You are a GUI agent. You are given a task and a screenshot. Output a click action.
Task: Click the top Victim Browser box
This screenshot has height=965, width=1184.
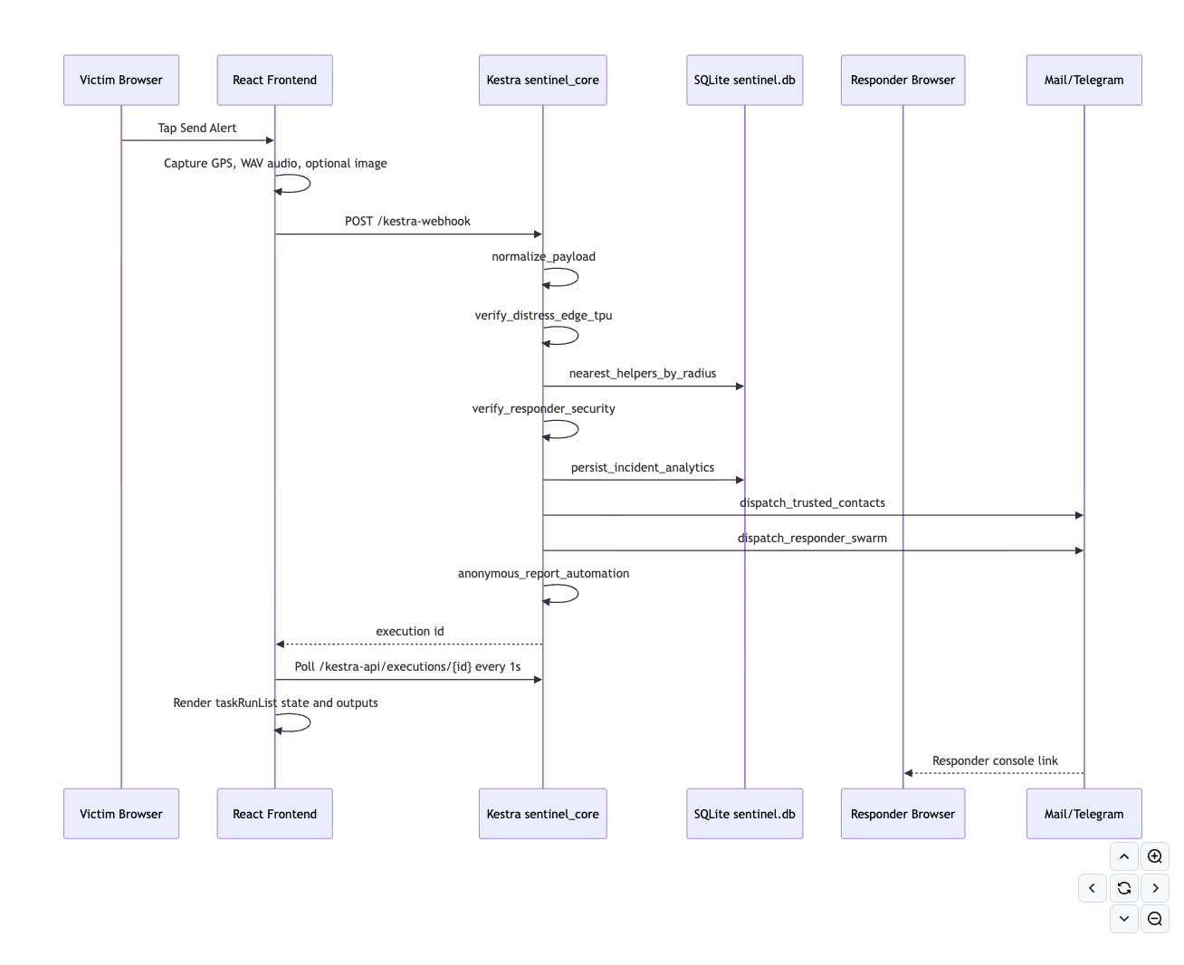point(120,80)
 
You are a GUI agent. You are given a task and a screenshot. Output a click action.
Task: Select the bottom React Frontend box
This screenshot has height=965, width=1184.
point(274,813)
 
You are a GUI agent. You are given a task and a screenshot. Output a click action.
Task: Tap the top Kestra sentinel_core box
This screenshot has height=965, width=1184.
point(542,80)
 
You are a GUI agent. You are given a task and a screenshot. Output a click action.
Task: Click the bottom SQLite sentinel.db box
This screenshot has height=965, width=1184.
point(744,813)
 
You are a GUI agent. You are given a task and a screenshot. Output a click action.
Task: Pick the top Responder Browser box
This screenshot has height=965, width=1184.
point(902,80)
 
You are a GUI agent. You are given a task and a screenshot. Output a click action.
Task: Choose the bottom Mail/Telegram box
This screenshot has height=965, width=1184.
point(1084,813)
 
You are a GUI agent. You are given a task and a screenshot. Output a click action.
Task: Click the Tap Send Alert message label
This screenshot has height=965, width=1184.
point(196,128)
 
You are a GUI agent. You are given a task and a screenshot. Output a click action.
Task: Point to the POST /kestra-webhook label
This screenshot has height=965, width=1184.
point(407,221)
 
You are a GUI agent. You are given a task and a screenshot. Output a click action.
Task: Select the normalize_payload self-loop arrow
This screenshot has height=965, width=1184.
point(578,277)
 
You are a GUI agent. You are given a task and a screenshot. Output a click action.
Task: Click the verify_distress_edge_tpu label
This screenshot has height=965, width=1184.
point(543,315)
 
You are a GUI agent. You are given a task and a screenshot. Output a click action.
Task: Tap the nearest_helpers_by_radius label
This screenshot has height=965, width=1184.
point(642,373)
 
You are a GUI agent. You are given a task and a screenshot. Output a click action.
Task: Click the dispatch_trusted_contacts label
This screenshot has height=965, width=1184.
point(812,502)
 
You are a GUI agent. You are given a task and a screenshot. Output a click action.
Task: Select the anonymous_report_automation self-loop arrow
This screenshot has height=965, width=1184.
point(578,594)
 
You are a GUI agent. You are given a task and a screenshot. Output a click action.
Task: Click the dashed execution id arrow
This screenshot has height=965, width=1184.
point(409,644)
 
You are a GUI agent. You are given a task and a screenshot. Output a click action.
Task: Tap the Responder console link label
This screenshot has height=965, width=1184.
point(995,760)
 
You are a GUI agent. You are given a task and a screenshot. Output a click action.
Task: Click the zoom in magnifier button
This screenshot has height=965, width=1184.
point(1154,856)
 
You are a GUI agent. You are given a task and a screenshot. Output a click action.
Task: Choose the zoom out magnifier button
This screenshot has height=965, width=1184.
point(1154,918)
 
